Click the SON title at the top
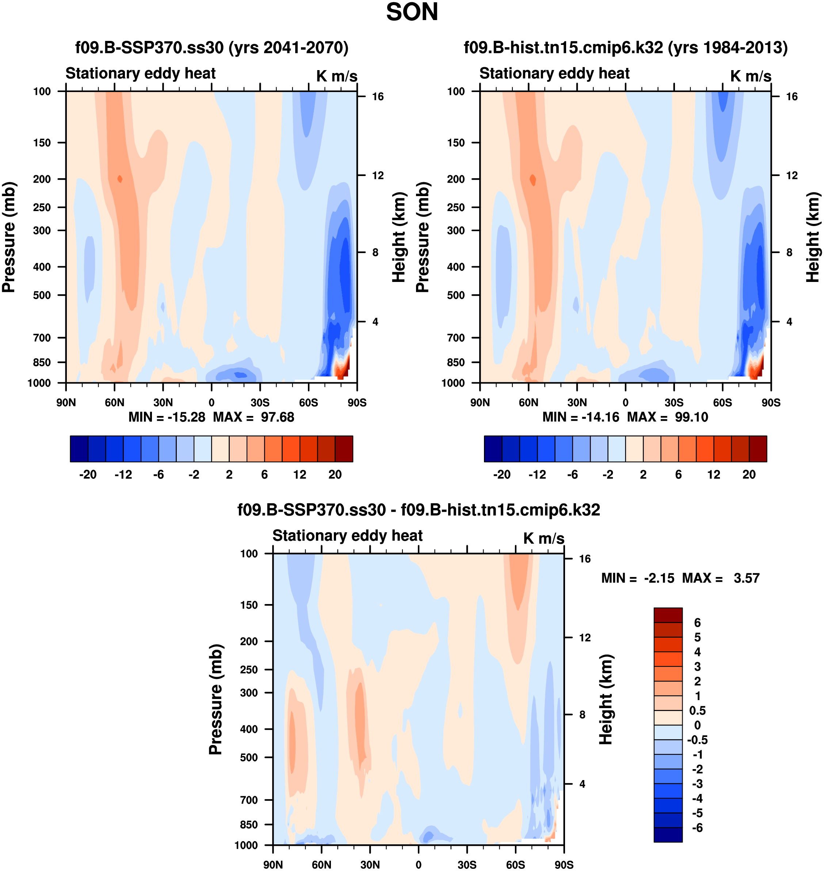(412, 12)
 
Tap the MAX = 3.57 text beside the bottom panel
(721, 578)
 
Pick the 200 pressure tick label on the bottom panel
(249, 641)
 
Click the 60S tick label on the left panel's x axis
(308, 403)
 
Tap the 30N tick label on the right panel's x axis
(577, 403)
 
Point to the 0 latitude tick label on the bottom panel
(419, 865)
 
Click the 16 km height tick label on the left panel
(378, 97)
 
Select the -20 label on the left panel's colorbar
(88, 474)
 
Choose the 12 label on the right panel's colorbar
(714, 474)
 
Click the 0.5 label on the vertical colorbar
(698, 711)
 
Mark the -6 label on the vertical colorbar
(698, 828)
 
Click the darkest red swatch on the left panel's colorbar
(344, 449)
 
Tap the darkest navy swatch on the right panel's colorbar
(493, 449)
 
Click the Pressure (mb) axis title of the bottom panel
(215, 699)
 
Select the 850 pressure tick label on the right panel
(455, 362)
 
